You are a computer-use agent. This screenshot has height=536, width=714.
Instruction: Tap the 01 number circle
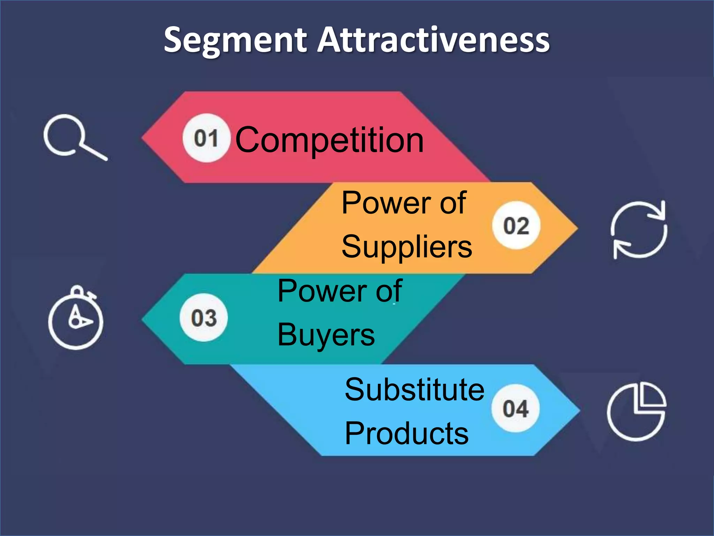[206, 138]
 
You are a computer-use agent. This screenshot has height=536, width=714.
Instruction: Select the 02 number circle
[516, 225]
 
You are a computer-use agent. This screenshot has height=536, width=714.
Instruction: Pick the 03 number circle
[204, 318]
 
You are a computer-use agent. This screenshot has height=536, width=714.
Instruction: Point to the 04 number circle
[516, 408]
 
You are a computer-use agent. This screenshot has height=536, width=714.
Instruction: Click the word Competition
[329, 140]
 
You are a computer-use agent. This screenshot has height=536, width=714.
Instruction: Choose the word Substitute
[415, 389]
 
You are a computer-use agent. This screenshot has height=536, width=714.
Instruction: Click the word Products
[407, 433]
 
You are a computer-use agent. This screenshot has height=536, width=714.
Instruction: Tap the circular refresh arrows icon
[639, 230]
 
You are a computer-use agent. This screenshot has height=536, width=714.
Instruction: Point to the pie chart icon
[637, 411]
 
